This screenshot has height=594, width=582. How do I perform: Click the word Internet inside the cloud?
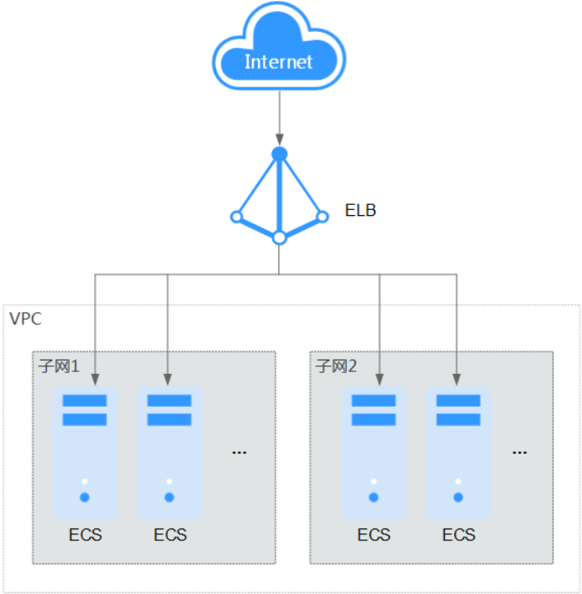[x=278, y=61]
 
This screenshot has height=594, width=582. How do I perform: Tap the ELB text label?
[x=360, y=210]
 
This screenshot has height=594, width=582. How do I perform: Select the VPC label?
[x=25, y=319]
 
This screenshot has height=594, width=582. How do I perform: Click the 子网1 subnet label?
[x=59, y=366]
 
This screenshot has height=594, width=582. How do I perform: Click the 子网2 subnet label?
[x=336, y=366]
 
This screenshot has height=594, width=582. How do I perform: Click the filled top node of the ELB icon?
[x=280, y=154]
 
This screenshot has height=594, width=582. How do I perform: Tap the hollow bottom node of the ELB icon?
[x=280, y=238]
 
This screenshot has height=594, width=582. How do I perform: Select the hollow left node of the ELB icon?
[x=237, y=217]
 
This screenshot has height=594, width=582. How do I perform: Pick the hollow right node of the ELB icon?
[x=322, y=217]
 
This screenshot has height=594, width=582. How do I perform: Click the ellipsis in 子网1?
[x=239, y=452]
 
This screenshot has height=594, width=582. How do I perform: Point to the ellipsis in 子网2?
[x=520, y=452]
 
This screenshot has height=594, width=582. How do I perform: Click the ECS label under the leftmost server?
[x=85, y=534]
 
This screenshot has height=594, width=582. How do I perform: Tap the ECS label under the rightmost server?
[x=459, y=534]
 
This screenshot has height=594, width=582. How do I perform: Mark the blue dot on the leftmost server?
[x=85, y=497]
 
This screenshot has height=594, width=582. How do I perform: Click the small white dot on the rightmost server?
[x=458, y=481]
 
